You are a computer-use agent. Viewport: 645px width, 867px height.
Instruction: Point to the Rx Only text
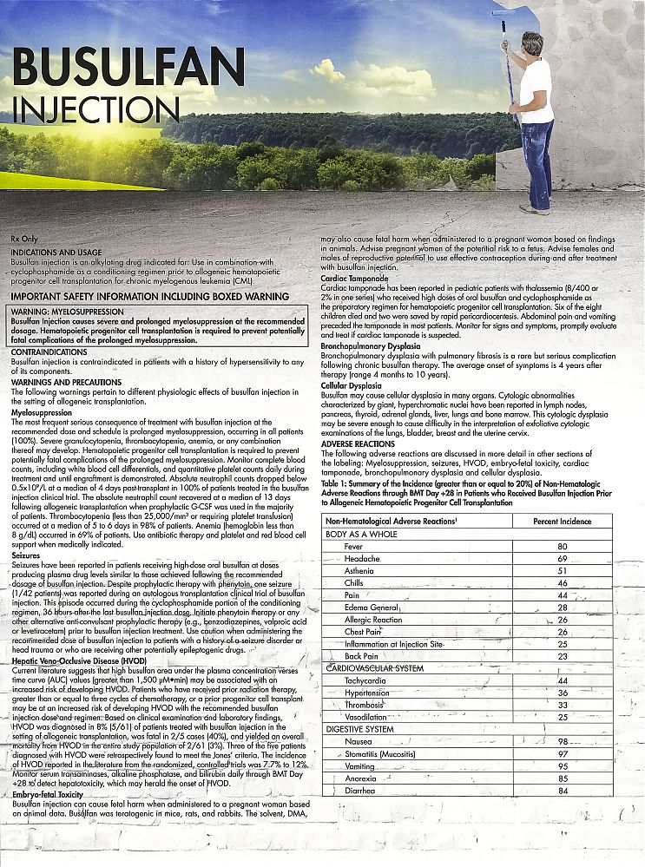click(x=24, y=237)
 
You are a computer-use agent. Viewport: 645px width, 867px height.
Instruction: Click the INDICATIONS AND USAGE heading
click(x=50, y=252)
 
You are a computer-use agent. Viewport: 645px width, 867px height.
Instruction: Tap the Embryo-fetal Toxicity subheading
click(x=48, y=794)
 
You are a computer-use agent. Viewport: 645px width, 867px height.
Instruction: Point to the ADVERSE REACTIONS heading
click(x=358, y=443)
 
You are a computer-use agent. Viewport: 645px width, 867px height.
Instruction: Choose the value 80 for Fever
click(x=562, y=546)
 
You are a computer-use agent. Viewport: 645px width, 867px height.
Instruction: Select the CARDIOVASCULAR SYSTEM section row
click(x=375, y=668)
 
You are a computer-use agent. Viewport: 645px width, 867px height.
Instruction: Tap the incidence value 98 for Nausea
click(x=562, y=741)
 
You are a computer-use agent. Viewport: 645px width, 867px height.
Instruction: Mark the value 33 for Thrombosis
click(x=562, y=705)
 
